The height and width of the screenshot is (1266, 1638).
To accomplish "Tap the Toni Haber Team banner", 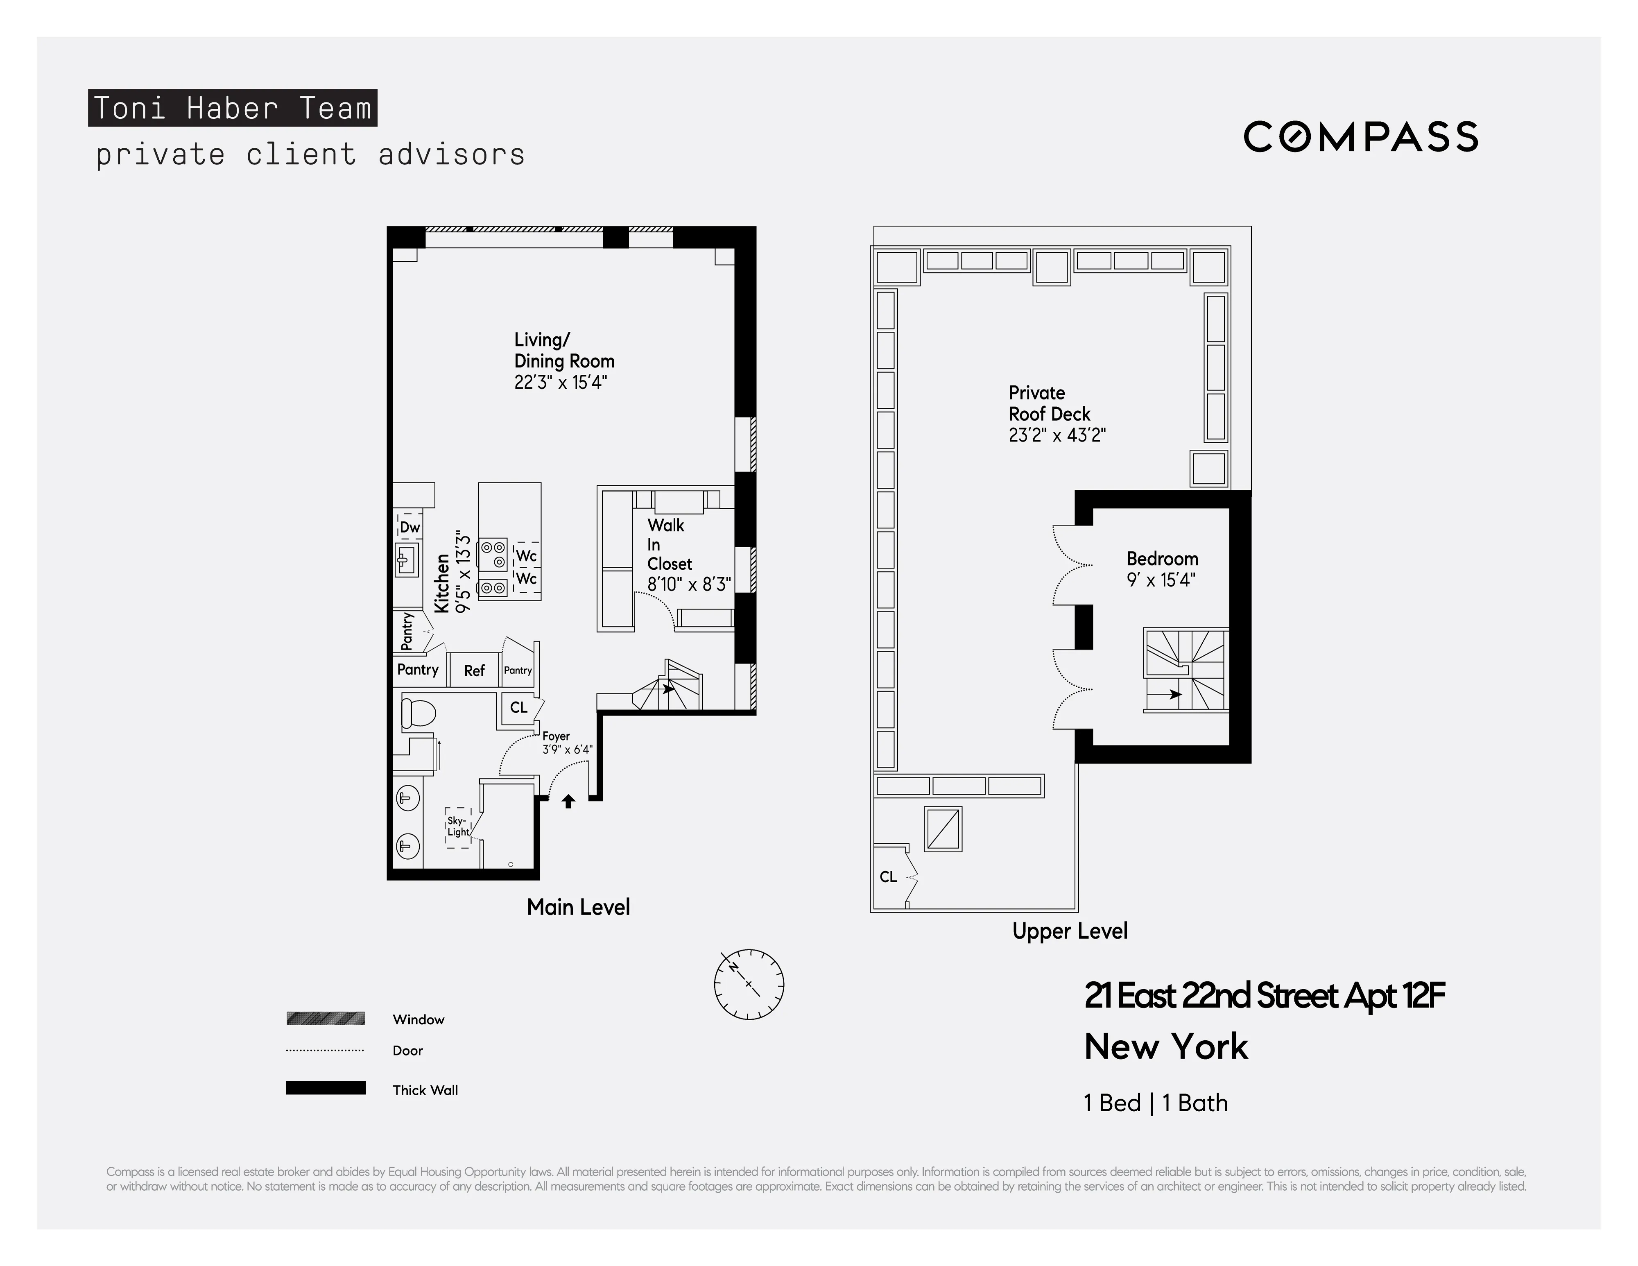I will coord(233,108).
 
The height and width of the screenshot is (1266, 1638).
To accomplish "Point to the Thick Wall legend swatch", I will coord(326,1088).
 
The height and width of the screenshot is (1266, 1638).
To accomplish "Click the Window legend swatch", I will coord(326,1019).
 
